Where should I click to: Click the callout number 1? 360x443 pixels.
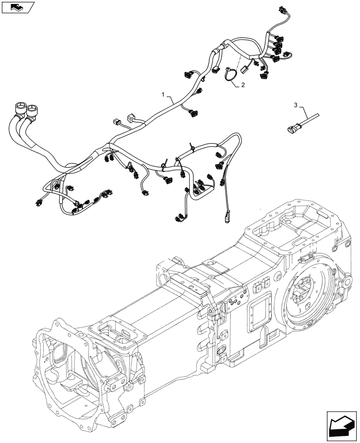(163, 95)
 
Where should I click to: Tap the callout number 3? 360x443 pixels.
(295, 105)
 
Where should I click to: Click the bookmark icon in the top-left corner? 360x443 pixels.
(17, 7)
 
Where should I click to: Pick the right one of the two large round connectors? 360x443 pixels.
(33, 109)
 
